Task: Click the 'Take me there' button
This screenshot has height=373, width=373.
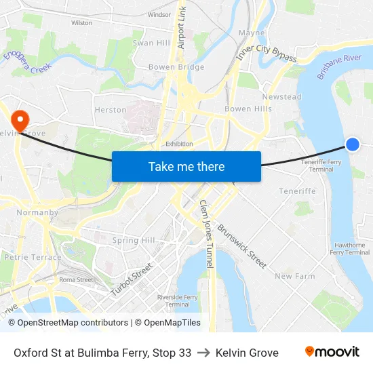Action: click(186, 166)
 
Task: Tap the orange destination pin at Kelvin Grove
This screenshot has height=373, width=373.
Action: click(20, 119)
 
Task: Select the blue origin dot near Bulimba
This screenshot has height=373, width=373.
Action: click(353, 144)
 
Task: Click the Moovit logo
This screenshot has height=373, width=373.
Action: click(332, 352)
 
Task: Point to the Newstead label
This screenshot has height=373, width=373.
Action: click(281, 97)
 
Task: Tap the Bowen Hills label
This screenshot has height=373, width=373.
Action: click(248, 109)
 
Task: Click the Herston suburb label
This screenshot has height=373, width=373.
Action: click(111, 110)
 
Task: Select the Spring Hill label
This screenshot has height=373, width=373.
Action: click(134, 240)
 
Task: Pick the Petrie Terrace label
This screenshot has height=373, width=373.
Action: click(33, 257)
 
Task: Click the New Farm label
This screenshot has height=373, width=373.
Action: click(295, 276)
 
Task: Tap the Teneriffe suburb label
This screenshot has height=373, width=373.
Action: click(297, 191)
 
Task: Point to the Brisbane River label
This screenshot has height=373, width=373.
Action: click(339, 67)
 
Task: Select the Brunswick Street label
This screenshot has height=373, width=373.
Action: click(242, 246)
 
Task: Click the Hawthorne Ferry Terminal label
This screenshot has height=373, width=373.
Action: click(350, 249)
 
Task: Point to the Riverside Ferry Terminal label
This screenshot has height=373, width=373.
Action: click(177, 300)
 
